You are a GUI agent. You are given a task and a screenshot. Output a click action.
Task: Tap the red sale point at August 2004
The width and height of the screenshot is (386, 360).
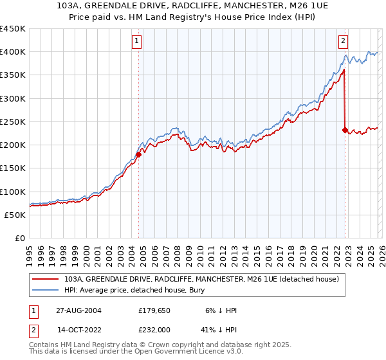click(138, 154)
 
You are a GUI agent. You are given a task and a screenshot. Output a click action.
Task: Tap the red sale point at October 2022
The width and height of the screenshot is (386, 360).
click(345, 130)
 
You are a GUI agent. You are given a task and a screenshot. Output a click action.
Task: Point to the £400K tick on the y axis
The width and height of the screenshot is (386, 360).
click(12, 52)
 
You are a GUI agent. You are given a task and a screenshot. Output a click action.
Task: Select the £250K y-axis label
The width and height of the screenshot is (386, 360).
click(12, 122)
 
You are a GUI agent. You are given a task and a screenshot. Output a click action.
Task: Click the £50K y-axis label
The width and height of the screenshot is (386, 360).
click(15, 215)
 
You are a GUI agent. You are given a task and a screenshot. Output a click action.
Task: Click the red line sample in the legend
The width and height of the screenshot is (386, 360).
click(46, 279)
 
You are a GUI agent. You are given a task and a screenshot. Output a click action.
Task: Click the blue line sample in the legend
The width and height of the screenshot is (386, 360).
click(46, 290)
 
